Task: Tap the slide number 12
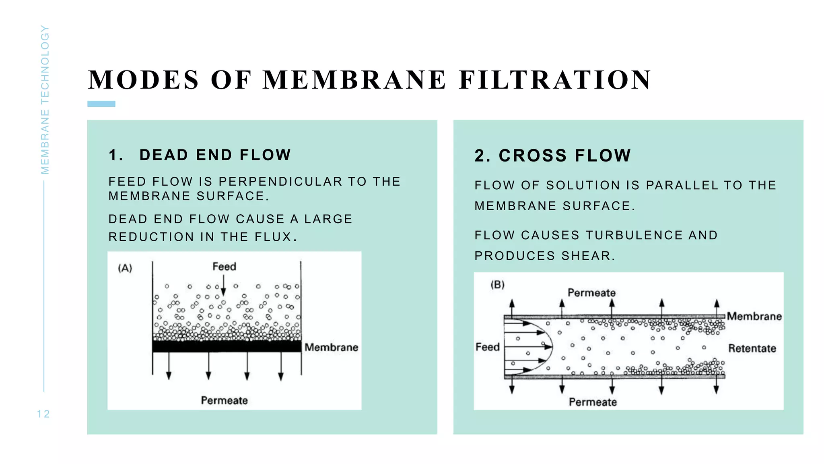(43, 414)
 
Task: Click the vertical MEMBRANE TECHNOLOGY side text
(45, 100)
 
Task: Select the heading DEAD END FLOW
(215, 155)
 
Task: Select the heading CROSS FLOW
(564, 156)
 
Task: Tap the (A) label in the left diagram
(125, 268)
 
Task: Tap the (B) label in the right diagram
(497, 285)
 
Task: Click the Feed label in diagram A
(224, 267)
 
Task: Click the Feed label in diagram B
(487, 347)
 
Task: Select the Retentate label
(752, 348)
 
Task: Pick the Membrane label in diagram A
(331, 347)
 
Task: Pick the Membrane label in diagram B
(754, 317)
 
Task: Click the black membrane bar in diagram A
(227, 346)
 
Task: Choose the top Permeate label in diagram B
(591, 293)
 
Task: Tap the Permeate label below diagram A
(224, 400)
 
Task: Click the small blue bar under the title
(101, 104)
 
